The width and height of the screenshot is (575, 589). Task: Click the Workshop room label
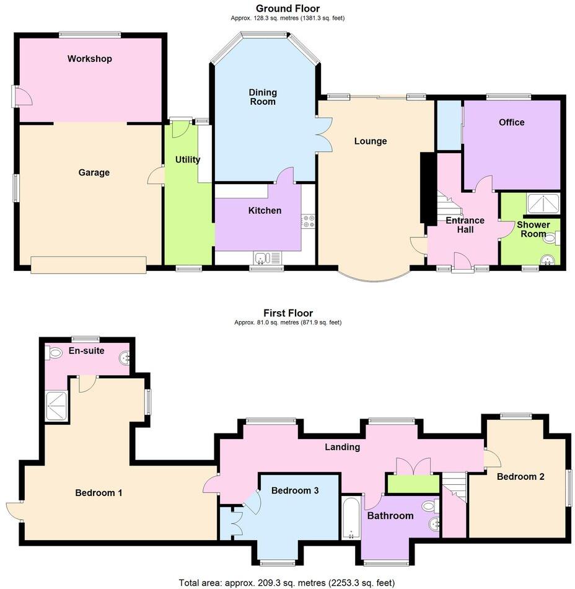(x=90, y=59)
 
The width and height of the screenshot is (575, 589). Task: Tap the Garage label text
(x=94, y=172)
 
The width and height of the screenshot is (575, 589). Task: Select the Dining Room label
(x=263, y=97)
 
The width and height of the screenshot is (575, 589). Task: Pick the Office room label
(x=511, y=122)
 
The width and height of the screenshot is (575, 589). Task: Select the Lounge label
(x=371, y=141)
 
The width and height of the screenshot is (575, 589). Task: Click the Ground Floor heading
(x=287, y=8)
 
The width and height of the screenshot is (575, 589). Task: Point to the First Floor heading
(x=287, y=313)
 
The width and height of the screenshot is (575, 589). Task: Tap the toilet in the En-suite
(x=54, y=354)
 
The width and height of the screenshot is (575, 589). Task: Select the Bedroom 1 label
(x=99, y=493)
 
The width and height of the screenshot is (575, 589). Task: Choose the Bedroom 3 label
(x=295, y=490)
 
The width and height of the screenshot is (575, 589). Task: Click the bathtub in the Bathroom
(x=351, y=517)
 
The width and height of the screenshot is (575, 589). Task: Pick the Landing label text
(x=343, y=446)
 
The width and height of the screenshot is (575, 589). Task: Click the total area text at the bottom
(x=287, y=582)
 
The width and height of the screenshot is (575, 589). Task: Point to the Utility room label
(x=188, y=159)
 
